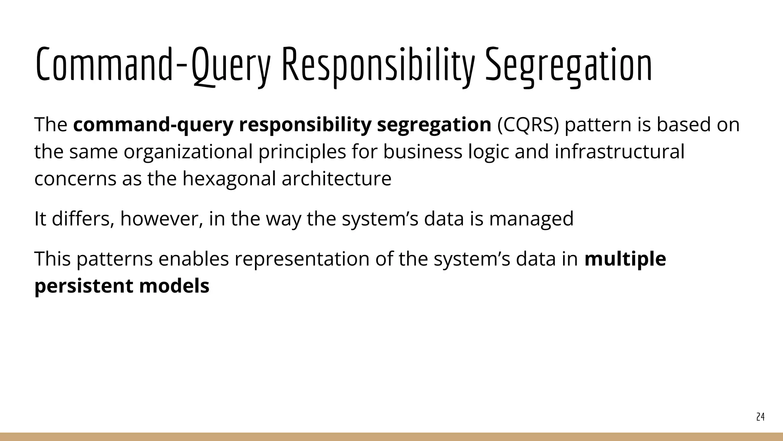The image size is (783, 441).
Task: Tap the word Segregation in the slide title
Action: click(569, 65)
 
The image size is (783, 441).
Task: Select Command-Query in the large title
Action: click(153, 65)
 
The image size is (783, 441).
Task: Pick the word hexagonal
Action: click(229, 178)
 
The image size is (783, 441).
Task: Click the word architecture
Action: click(336, 178)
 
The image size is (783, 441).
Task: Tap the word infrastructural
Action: click(619, 152)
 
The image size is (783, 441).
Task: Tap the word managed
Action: click(531, 219)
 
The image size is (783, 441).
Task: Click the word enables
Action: click(193, 259)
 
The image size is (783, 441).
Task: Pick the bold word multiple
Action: click(625, 259)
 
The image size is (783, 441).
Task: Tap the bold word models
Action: click(174, 286)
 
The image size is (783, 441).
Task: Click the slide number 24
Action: click(760, 417)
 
